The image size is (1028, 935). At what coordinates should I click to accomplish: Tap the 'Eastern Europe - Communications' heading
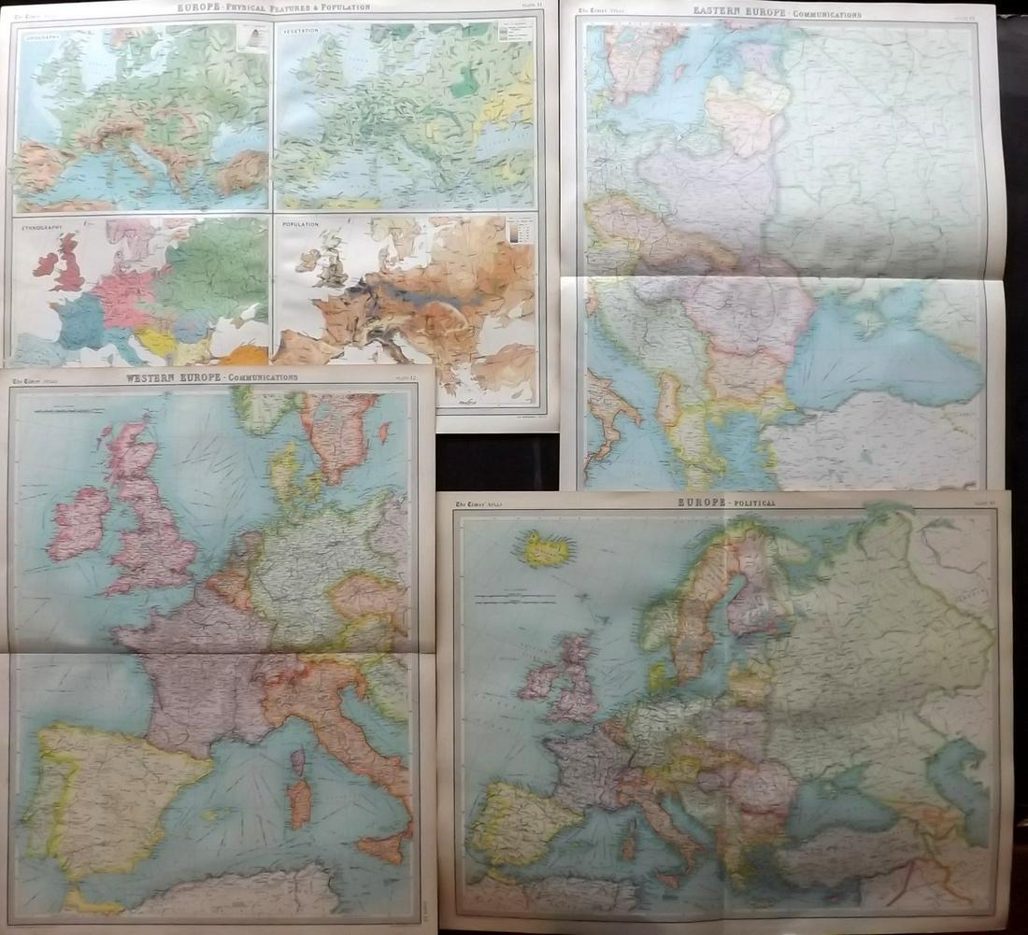tap(777, 12)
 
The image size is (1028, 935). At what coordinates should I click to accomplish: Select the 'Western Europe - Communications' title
tap(211, 377)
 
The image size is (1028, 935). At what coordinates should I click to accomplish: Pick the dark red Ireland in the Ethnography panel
tap(45, 263)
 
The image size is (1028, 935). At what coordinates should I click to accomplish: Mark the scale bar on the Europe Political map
tap(509, 594)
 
